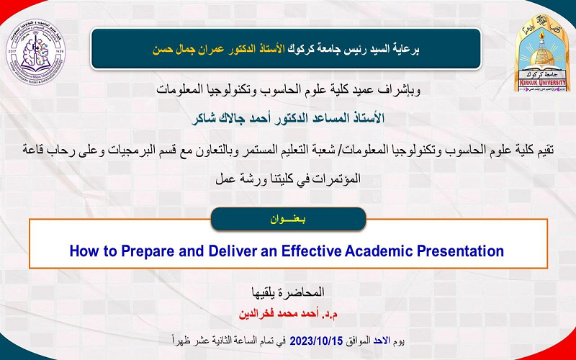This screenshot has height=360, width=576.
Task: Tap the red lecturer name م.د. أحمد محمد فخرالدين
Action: tap(288, 315)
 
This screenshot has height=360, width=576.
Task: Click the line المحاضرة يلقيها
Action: tap(287, 292)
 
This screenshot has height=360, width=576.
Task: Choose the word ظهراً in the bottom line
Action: tap(182, 338)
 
